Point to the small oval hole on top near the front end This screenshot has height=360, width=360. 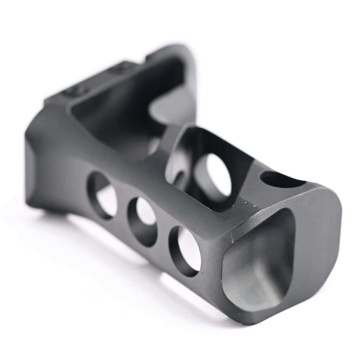tap(279, 179)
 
